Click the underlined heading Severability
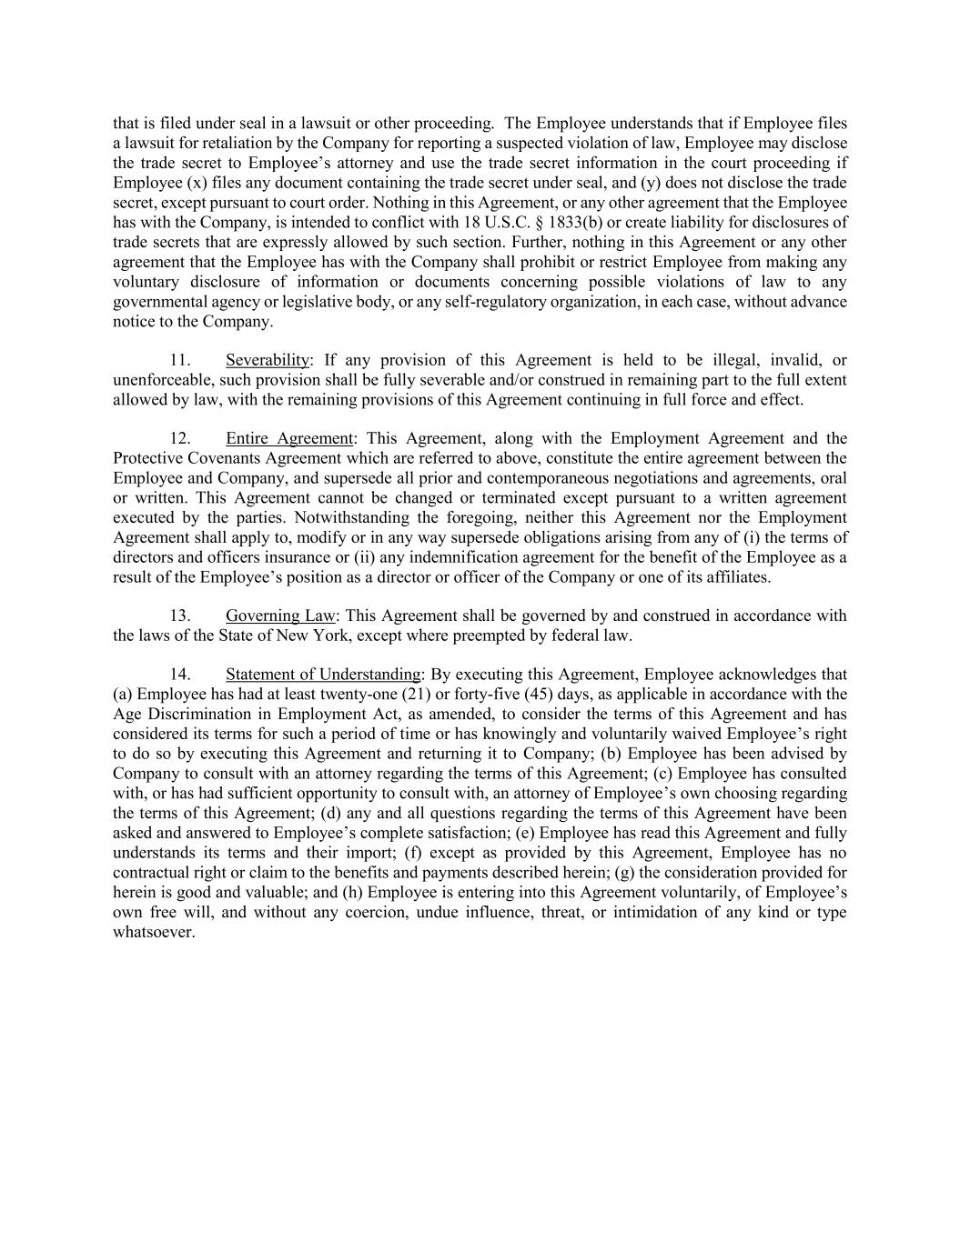268,361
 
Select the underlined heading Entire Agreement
288,439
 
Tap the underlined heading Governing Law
280,616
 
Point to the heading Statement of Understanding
323,676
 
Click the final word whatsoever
154,933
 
